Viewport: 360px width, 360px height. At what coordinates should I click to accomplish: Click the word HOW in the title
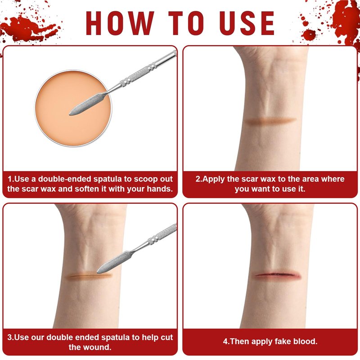coord(120,23)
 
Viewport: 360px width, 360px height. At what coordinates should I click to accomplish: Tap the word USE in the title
coord(247,23)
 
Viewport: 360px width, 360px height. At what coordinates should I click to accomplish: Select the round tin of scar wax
coord(73,108)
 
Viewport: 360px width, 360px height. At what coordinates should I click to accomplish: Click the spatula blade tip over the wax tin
coord(70,114)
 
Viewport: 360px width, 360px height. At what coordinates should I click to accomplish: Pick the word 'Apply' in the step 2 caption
coord(213,179)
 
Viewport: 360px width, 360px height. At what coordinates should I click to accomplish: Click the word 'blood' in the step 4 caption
coord(305,342)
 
